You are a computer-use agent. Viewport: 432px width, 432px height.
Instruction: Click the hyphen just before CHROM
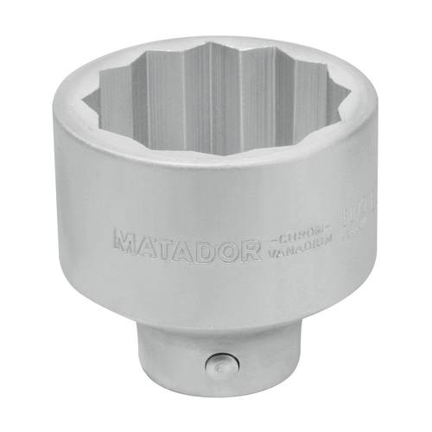tap(268, 241)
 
